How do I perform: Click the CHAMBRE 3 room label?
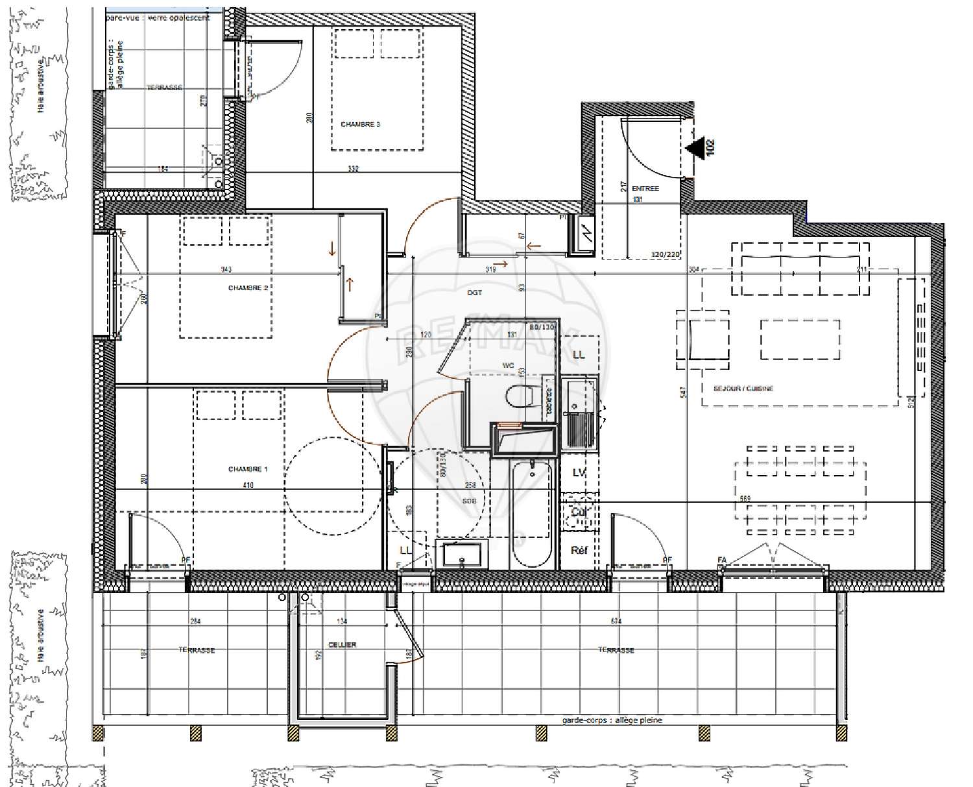360,125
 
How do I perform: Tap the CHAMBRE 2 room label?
248,288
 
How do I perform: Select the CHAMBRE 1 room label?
247,469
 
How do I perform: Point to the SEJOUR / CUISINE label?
743,389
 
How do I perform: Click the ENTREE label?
645,189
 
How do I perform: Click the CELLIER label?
342,645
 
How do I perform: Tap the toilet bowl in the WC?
522,395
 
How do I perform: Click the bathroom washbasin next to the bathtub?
461,555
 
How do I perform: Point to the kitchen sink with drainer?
579,415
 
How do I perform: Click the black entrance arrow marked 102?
697,148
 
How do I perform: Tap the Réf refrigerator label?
579,551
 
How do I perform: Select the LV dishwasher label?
579,473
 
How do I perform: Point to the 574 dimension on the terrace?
616,622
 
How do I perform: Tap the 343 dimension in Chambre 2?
226,270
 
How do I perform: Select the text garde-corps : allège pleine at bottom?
612,720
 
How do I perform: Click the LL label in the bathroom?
406,550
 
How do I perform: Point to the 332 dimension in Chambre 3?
353,169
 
